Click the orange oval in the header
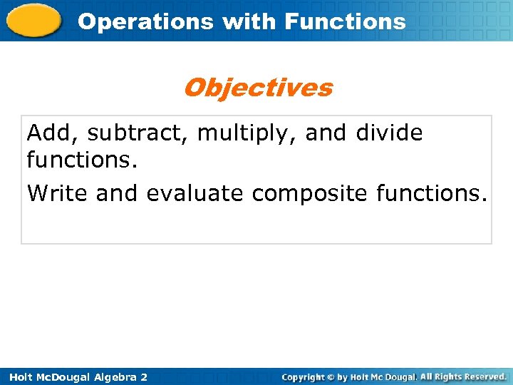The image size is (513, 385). pyautogui.click(x=34, y=20)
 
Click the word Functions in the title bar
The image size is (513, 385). pyautogui.click(x=345, y=21)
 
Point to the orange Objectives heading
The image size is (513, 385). pyautogui.click(x=257, y=88)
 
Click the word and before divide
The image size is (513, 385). pyautogui.click(x=325, y=133)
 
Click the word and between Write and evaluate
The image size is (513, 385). pyautogui.click(x=117, y=193)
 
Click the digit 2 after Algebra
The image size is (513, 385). pyautogui.click(x=144, y=376)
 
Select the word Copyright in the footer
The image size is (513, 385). pyautogui.click(x=308, y=376)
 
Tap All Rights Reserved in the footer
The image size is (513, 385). pyautogui.click(x=463, y=376)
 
